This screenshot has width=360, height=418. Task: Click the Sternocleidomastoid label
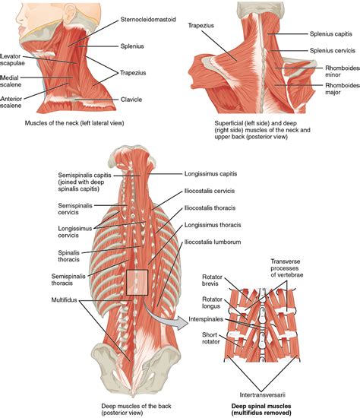(x=148, y=20)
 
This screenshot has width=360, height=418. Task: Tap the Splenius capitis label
(x=330, y=34)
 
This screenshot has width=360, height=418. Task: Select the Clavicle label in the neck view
(x=131, y=100)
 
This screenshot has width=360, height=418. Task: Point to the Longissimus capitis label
(x=210, y=174)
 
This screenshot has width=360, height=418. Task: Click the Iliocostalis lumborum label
(x=213, y=242)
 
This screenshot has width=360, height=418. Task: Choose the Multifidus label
(x=64, y=300)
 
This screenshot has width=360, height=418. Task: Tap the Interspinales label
(x=206, y=319)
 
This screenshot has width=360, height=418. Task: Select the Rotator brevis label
(x=212, y=280)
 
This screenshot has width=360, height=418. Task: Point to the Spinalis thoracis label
(x=69, y=256)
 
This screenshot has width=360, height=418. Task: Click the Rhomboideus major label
(x=343, y=89)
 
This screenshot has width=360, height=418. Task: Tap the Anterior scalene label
(x=11, y=102)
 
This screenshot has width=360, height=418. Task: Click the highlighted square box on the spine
(x=137, y=282)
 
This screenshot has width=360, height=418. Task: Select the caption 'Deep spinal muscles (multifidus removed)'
(x=261, y=410)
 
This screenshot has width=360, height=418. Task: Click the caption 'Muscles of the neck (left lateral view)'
(x=74, y=123)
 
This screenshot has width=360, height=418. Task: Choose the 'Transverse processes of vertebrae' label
(x=287, y=268)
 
